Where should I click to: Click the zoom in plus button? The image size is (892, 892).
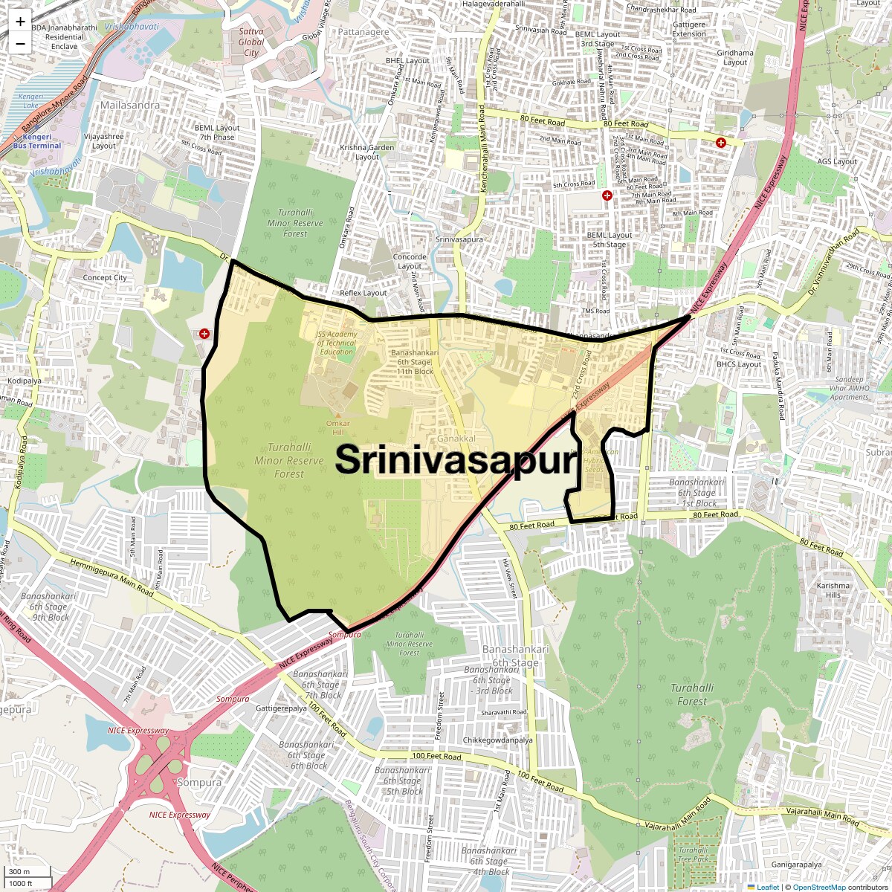click(20, 22)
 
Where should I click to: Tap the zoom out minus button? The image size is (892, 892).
click(20, 43)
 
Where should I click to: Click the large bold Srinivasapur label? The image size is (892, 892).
click(456, 460)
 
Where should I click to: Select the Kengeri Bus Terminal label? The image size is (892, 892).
click(37, 141)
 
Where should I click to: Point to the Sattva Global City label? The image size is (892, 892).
click(251, 42)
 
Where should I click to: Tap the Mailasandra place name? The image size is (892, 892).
click(130, 105)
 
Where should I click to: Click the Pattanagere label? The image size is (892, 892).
click(363, 32)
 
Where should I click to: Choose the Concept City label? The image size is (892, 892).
click(105, 278)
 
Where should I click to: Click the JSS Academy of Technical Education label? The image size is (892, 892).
click(336, 343)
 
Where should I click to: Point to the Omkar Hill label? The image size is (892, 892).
click(338, 427)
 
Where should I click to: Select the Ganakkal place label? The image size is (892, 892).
click(456, 439)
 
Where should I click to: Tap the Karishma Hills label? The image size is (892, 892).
click(833, 590)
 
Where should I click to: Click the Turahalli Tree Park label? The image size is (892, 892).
click(694, 854)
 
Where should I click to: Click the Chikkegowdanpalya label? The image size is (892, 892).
click(497, 740)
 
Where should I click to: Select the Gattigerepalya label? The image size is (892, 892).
click(281, 708)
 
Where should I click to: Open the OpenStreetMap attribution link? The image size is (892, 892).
click(818, 887)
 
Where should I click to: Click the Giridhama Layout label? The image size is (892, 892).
click(735, 57)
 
